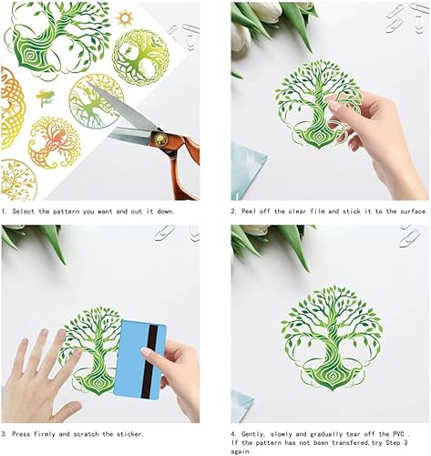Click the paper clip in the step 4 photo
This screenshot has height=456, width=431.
pos(413,241)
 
